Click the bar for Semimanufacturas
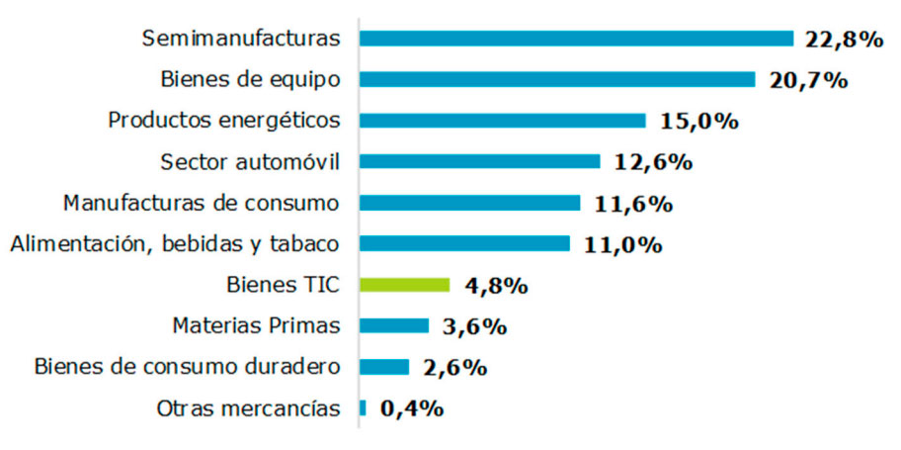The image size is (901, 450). pyautogui.click(x=576, y=39)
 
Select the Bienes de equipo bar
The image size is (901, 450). pyautogui.click(x=557, y=79)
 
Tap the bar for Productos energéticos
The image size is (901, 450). pyautogui.click(x=502, y=121)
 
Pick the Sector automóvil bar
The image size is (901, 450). pyautogui.click(x=479, y=161)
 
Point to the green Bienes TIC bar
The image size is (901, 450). pyautogui.click(x=404, y=285)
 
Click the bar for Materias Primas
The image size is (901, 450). pyautogui.click(x=394, y=325)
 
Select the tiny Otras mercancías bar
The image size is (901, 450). pyautogui.click(x=363, y=407)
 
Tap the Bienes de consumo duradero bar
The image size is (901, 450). pyautogui.click(x=384, y=367)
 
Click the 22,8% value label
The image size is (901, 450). pyautogui.click(x=842, y=40)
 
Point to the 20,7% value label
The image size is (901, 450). pyautogui.click(x=808, y=80)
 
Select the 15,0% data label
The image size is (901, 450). pyautogui.click(x=698, y=122)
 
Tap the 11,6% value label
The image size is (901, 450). pyautogui.click(x=633, y=204)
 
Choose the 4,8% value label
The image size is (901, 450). pyautogui.click(x=496, y=286)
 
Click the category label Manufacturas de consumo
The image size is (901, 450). pyautogui.click(x=202, y=203)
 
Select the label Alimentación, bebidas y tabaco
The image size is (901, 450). pyautogui.click(x=175, y=244)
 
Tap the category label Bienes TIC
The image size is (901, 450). pyautogui.click(x=283, y=285)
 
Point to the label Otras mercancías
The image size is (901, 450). pyautogui.click(x=248, y=407)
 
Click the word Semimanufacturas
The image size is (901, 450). pyautogui.click(x=241, y=39)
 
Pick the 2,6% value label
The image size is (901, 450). pyautogui.click(x=455, y=367)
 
